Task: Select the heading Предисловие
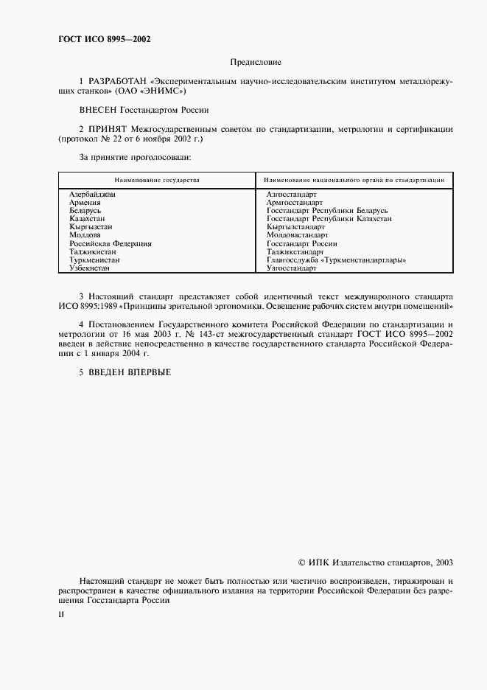tap(256, 63)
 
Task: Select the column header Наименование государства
tap(156, 179)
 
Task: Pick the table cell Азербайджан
tap(93, 194)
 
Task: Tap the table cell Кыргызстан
tap(91, 227)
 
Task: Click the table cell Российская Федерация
tap(111, 243)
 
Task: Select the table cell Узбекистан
tap(89, 268)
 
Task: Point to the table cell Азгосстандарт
tap(292, 194)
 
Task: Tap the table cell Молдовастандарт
tap(298, 235)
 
